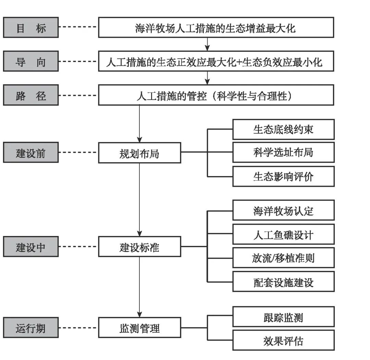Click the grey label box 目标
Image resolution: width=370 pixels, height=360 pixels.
tap(31, 27)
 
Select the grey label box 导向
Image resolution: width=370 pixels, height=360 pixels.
tap(31, 61)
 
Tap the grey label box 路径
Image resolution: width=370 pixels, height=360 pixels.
tap(31, 95)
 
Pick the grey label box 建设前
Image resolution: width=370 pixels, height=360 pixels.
tap(31, 152)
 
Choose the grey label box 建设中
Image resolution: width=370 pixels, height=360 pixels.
tap(31, 247)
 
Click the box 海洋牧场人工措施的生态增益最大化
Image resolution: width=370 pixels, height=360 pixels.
tap(216, 27)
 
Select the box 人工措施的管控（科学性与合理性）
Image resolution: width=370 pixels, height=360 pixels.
tap(216, 95)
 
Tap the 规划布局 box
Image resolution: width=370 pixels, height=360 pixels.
tap(139, 153)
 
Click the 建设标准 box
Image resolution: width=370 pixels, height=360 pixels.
tap(139, 247)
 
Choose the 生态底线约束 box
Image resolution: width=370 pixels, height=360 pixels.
tap(283, 129)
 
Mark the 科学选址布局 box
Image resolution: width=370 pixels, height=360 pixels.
tap(283, 152)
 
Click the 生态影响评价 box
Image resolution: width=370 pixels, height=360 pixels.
tap(283, 176)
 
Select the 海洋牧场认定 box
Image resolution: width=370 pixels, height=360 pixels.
tap(283, 210)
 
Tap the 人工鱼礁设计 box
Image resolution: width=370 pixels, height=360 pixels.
tap(283, 234)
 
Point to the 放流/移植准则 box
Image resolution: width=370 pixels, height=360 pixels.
tap(283, 258)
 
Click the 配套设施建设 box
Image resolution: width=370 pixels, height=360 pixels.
tap(283, 282)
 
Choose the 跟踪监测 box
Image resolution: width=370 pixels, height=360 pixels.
tap(283, 317)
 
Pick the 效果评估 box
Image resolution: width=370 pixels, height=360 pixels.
tap(283, 340)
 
